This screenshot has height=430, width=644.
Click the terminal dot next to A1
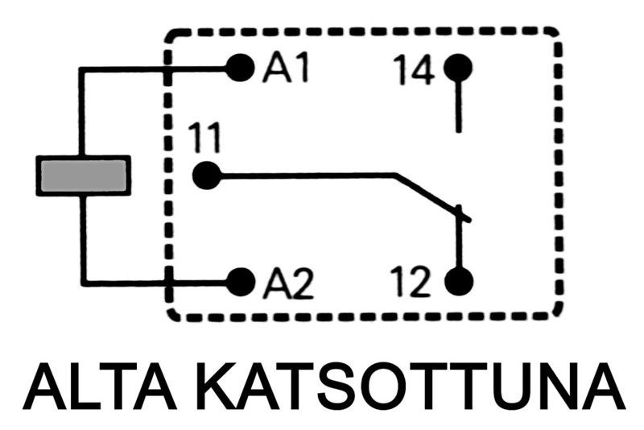pyautogui.click(x=239, y=68)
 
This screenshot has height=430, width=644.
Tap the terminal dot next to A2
pyautogui.click(x=239, y=282)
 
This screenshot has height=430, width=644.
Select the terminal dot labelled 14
pyautogui.click(x=458, y=68)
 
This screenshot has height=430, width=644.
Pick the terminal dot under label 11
pyautogui.click(x=206, y=175)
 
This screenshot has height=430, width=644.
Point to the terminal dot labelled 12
pyautogui.click(x=459, y=282)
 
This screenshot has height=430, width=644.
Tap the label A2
pyautogui.click(x=286, y=283)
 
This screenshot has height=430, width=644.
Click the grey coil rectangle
pyautogui.click(x=83, y=176)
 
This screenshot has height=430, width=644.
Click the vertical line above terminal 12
pyautogui.click(x=459, y=242)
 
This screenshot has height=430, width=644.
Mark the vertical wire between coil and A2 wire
pyautogui.click(x=82, y=238)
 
